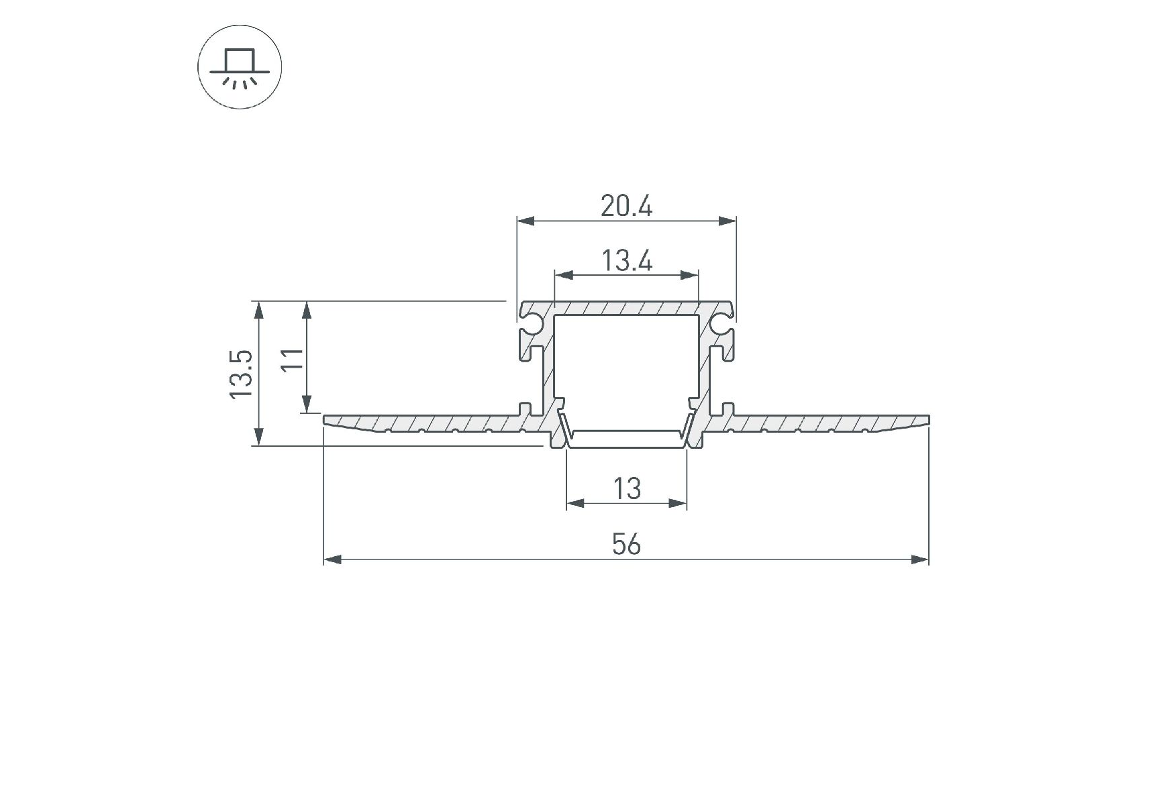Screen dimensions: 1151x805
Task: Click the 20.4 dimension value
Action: [626, 206]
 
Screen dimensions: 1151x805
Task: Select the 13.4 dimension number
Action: [626, 260]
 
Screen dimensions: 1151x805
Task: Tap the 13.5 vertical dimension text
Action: [241, 373]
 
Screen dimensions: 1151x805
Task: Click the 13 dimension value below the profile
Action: [627, 488]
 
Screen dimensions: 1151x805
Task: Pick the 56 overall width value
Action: [626, 544]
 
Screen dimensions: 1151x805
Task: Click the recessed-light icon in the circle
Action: [240, 68]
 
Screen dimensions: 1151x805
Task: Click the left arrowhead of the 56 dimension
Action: [333, 559]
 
